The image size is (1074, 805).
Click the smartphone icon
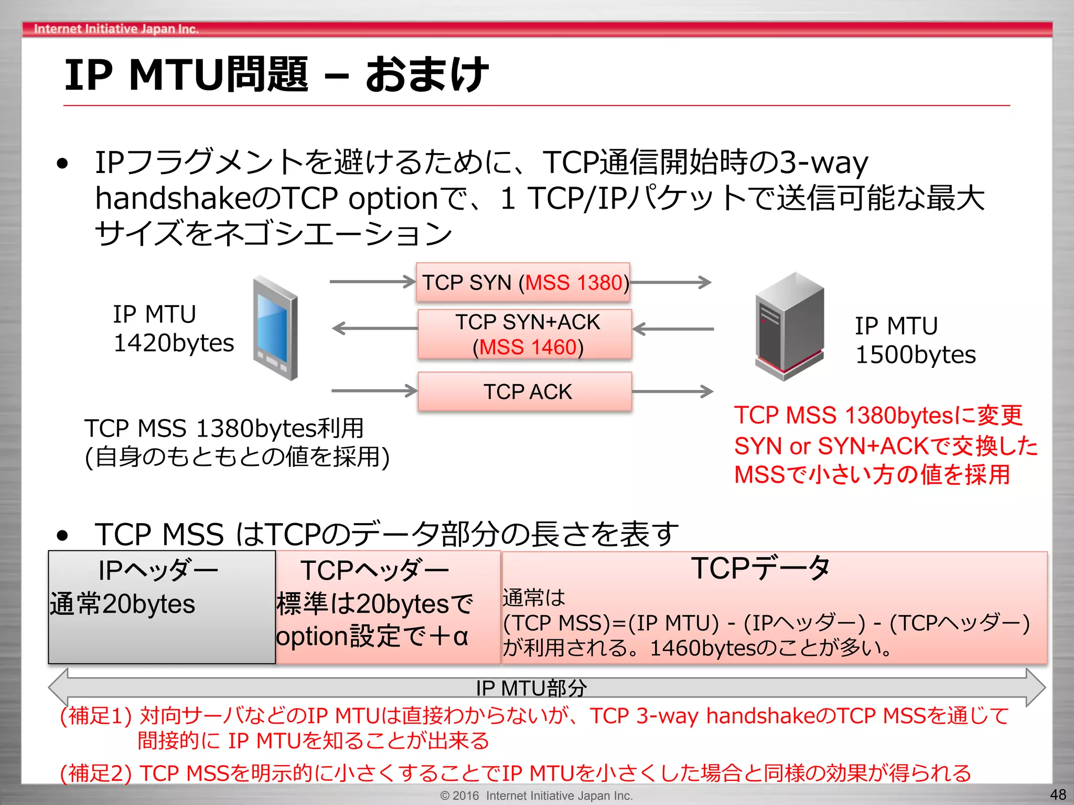(275, 327)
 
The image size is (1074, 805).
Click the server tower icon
(789, 326)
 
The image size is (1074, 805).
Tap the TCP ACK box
(525, 392)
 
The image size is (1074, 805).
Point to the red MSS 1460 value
(528, 347)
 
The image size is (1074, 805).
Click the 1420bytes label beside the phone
(174, 343)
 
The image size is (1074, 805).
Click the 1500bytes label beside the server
(915, 355)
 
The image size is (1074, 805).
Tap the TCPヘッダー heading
(374, 571)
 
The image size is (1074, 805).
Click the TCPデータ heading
(760, 568)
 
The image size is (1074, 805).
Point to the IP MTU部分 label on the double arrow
(531, 688)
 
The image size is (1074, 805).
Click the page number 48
(1058, 795)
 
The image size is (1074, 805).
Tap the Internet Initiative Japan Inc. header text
(116, 29)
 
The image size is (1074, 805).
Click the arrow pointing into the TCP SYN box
(372, 282)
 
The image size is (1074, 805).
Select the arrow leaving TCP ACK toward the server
(672, 391)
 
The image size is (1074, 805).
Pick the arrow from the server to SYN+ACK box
(673, 329)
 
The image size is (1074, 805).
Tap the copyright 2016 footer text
(536, 796)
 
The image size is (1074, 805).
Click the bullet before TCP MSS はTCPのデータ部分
(63, 536)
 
